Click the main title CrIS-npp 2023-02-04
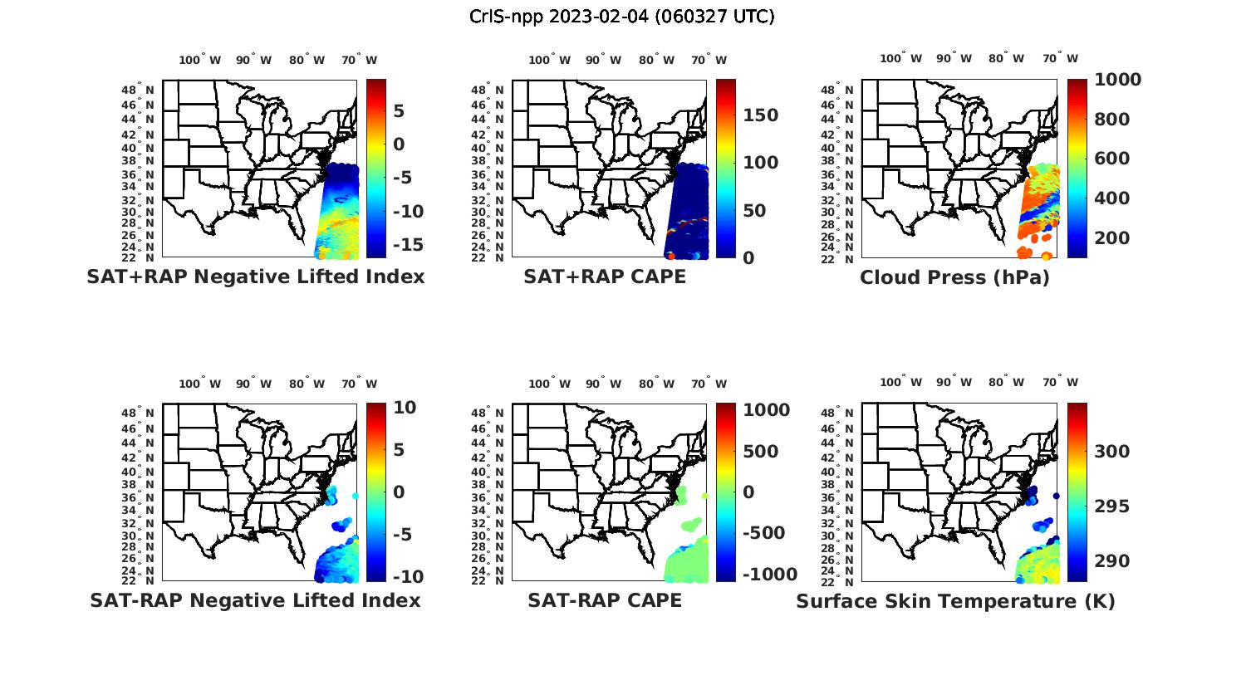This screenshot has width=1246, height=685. click(621, 16)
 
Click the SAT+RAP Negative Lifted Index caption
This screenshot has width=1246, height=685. click(255, 276)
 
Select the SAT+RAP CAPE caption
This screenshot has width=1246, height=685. click(605, 276)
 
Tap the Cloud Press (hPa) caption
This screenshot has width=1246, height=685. click(954, 277)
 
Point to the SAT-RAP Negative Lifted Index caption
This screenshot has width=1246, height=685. click(255, 600)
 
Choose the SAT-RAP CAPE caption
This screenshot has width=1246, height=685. click(605, 600)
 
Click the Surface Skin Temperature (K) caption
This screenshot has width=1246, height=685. click(955, 601)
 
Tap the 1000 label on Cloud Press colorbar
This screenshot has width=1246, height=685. click(1117, 80)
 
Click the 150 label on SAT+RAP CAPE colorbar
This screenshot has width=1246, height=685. click(760, 115)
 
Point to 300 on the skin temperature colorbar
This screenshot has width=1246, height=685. click(1111, 451)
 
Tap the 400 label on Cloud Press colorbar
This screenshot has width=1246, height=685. click(1111, 198)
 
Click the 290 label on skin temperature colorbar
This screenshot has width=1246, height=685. click(1111, 561)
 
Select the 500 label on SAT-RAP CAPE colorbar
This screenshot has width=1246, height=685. click(760, 451)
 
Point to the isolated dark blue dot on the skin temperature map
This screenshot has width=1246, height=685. click(1057, 497)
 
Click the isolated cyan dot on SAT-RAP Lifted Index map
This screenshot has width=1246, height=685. click(356, 496)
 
